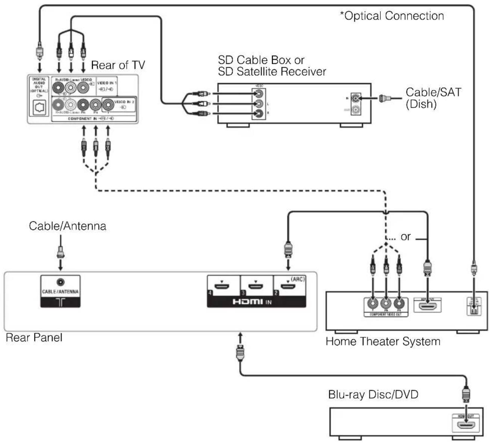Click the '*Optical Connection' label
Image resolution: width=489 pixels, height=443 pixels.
[392, 16]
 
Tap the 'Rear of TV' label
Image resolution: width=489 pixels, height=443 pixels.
[118, 65]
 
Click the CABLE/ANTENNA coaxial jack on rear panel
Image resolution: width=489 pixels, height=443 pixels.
[60, 282]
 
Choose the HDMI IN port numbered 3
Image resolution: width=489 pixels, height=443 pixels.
[256, 287]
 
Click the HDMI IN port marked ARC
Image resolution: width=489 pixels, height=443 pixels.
[289, 287]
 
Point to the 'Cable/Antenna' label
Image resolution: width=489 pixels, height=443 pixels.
[68, 226]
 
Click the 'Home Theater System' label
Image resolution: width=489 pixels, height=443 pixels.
[383, 341]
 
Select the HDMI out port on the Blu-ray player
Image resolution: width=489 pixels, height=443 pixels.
[466, 425]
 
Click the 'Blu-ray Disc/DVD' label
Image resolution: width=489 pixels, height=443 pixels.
[373, 394]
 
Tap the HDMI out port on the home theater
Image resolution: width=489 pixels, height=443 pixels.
[428, 306]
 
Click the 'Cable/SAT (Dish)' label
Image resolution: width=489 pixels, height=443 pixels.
[433, 98]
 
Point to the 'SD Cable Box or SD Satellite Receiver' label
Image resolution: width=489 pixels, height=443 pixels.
[272, 65]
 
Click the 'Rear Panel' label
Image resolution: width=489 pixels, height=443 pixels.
[34, 337]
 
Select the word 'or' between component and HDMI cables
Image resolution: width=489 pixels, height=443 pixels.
[406, 237]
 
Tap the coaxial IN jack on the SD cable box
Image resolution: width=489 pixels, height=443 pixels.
[355, 99]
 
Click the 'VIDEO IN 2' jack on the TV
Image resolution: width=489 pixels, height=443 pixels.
[108, 104]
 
